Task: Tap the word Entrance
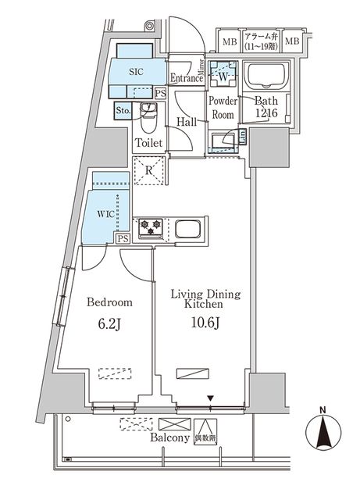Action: (187, 77)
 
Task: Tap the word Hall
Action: (187, 122)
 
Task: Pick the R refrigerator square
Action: (148, 169)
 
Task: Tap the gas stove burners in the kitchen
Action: (150, 227)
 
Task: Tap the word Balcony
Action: (169, 438)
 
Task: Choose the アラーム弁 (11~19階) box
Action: (262, 41)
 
